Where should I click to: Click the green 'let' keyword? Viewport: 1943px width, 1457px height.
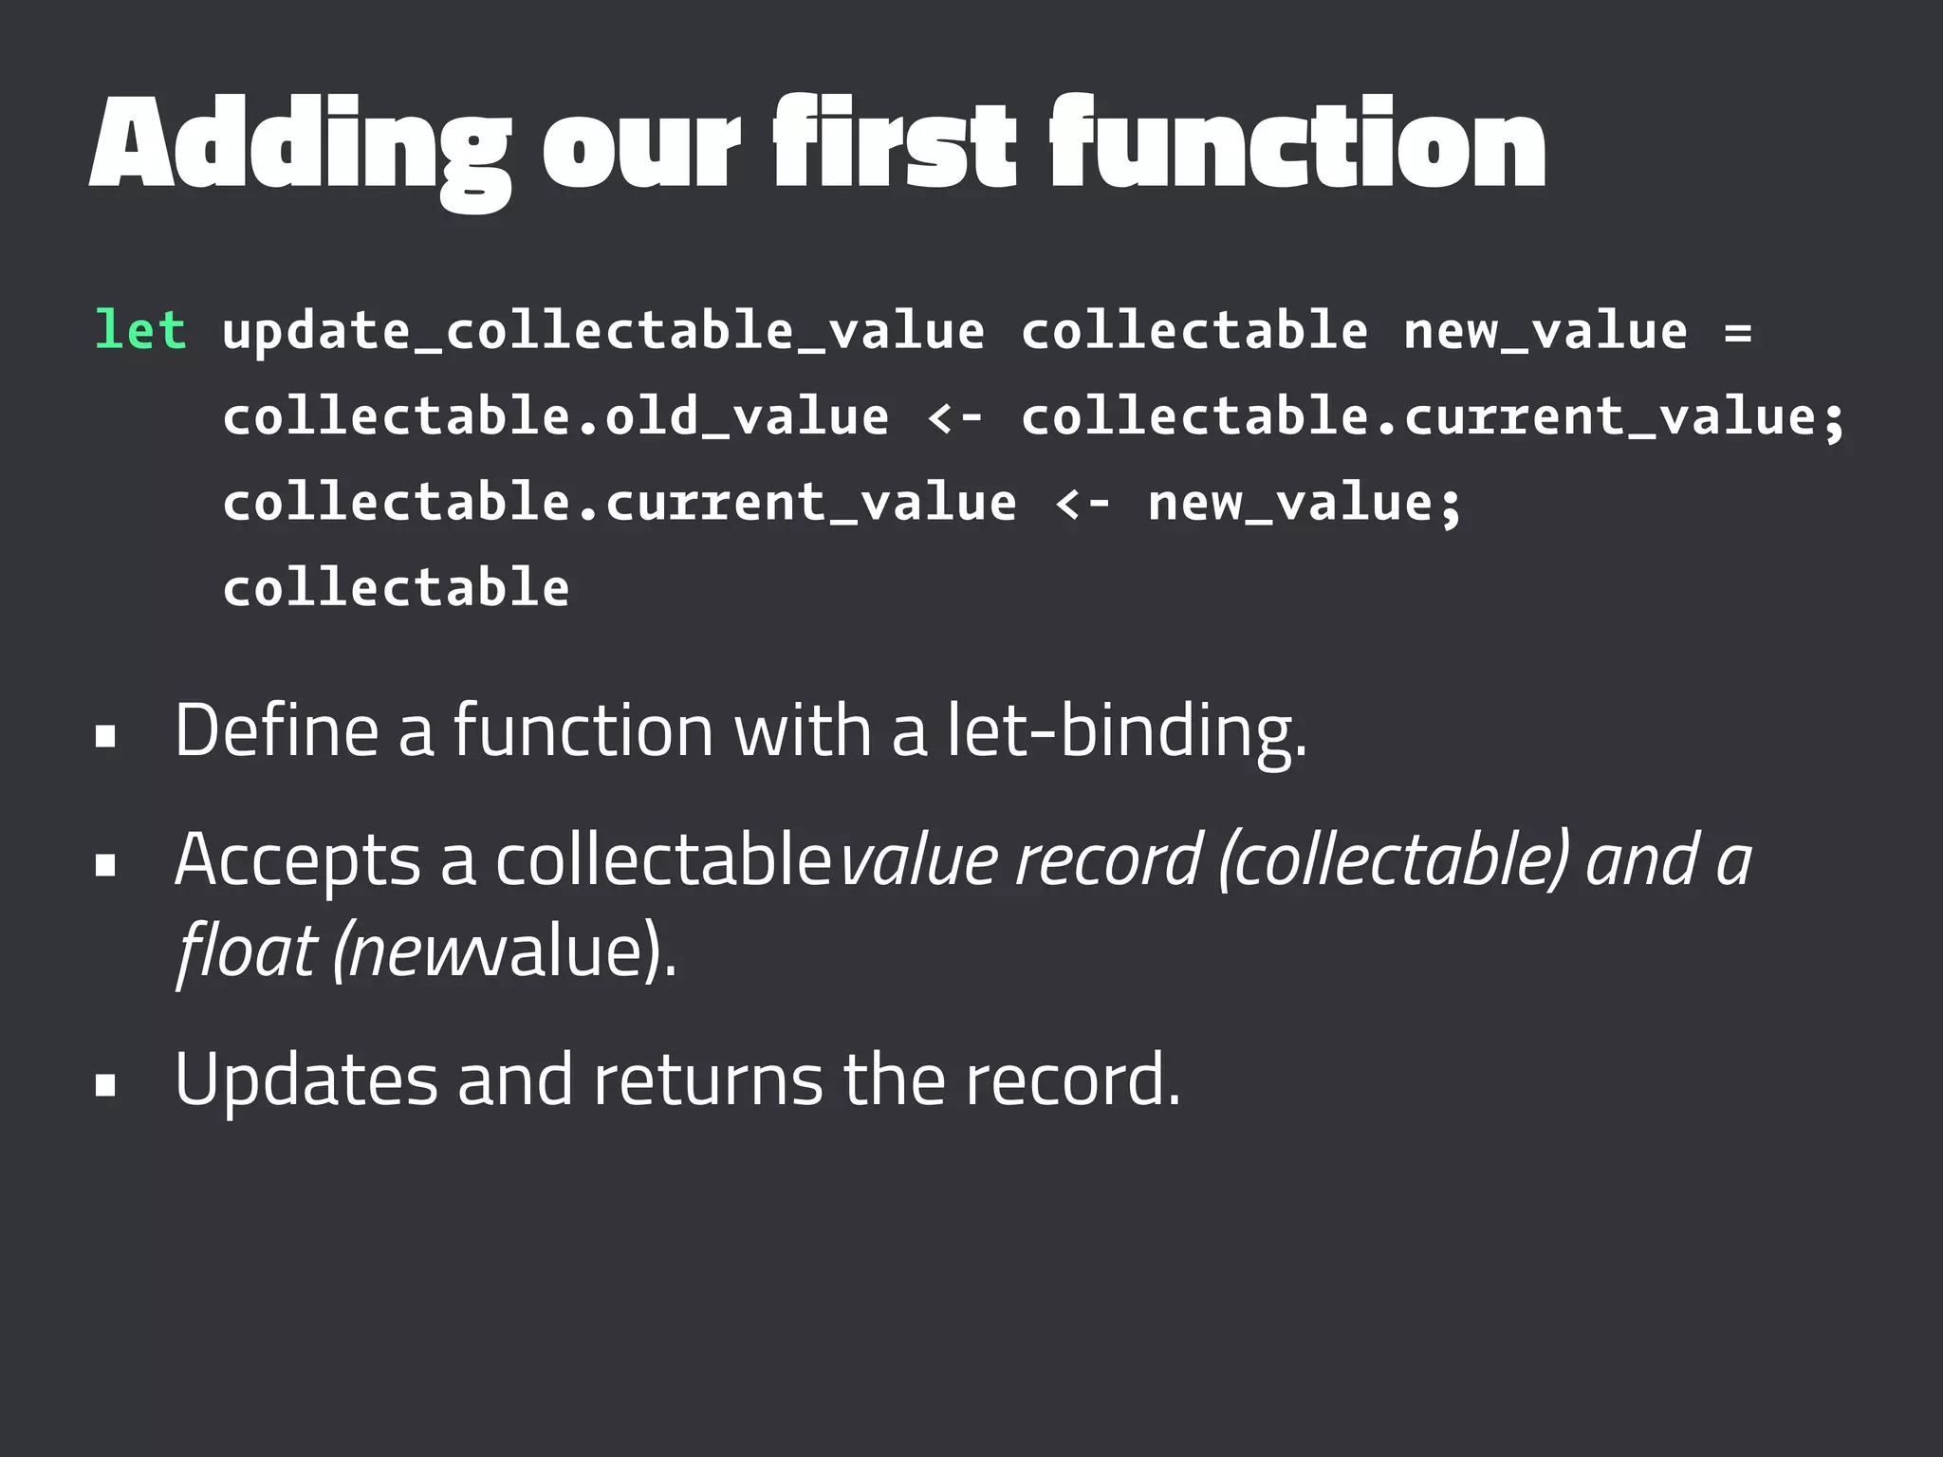pyautogui.click(x=140, y=331)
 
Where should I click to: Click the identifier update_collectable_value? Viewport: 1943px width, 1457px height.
pyautogui.click(x=603, y=331)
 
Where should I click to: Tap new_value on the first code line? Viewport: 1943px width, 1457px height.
pyautogui.click(x=1545, y=331)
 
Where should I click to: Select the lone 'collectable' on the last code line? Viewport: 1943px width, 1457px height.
pyautogui.click(x=397, y=587)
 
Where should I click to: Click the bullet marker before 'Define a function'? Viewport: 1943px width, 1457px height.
pyautogui.click(x=105, y=736)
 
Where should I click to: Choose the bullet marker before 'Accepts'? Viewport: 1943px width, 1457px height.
pyautogui.click(x=105, y=865)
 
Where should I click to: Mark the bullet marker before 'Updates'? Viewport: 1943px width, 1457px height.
pyautogui.click(x=105, y=1085)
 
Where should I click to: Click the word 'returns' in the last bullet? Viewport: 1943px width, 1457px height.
pyautogui.click(x=708, y=1080)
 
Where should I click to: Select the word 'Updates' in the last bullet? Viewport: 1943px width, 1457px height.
pyautogui.click(x=306, y=1080)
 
